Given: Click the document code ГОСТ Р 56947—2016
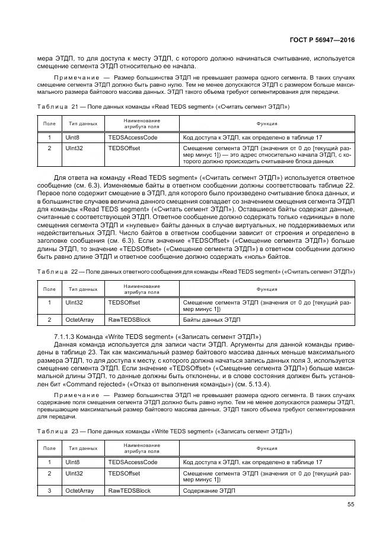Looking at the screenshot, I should [323, 40].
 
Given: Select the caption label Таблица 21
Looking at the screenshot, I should [52, 107].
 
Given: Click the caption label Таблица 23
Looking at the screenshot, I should [52, 430].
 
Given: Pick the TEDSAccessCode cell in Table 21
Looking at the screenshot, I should [133, 137].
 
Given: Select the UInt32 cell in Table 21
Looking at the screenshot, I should [75, 148].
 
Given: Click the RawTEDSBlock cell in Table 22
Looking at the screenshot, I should [129, 319].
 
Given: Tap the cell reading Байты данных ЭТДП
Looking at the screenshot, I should [212, 319].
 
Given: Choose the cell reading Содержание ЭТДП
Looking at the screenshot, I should [209, 490].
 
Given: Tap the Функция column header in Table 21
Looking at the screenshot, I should [267, 123].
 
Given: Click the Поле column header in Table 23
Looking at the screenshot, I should [50, 449].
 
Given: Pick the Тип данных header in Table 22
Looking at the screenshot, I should [83, 289].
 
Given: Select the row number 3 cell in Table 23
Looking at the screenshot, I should [50, 490].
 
